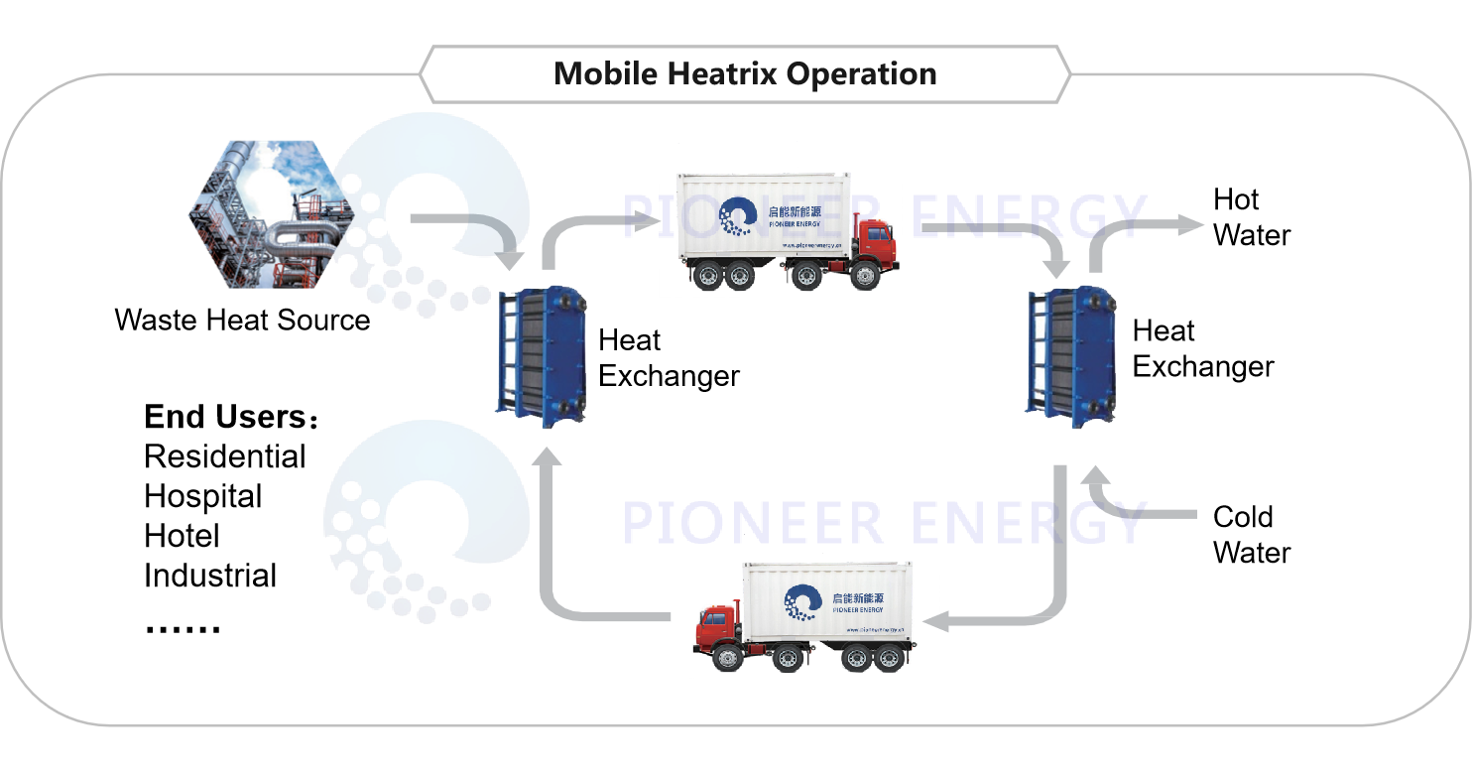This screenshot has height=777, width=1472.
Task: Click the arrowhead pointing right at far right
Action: [x=1190, y=225]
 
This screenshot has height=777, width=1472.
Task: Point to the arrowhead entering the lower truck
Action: [x=934, y=622]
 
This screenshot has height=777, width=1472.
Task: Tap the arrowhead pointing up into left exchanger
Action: [x=547, y=457]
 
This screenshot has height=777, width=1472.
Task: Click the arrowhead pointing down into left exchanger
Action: [x=510, y=260]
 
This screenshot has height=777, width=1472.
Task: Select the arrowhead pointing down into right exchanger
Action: [x=1058, y=265]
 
